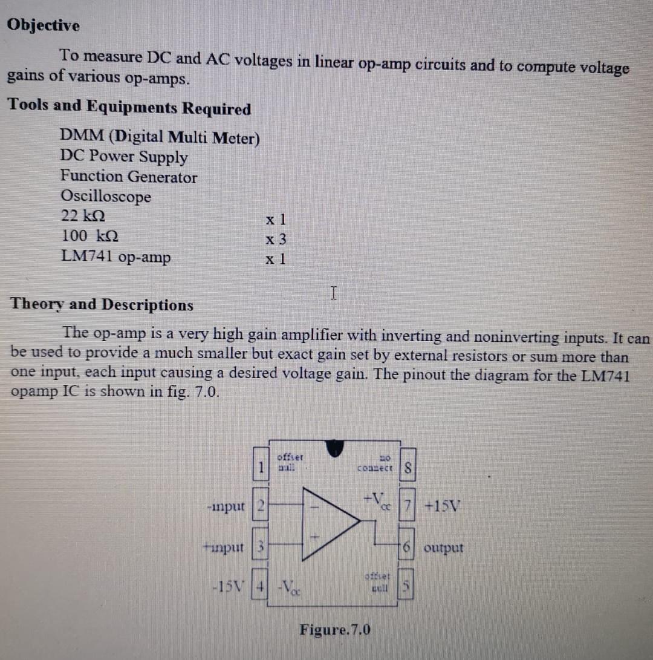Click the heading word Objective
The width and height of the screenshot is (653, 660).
click(x=44, y=25)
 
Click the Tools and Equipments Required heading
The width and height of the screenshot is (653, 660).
click(x=129, y=107)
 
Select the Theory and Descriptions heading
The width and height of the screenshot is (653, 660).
click(x=102, y=304)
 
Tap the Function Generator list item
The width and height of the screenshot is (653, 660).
click(x=128, y=177)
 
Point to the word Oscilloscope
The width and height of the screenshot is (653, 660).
click(x=106, y=197)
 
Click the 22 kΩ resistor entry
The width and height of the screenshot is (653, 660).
click(x=85, y=216)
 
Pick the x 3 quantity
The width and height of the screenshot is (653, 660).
click(x=276, y=240)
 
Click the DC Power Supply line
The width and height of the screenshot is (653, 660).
click(x=124, y=157)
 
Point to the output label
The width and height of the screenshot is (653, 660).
click(x=444, y=548)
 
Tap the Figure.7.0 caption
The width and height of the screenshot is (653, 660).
click(x=335, y=630)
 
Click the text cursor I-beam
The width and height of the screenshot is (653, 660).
click(x=334, y=294)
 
